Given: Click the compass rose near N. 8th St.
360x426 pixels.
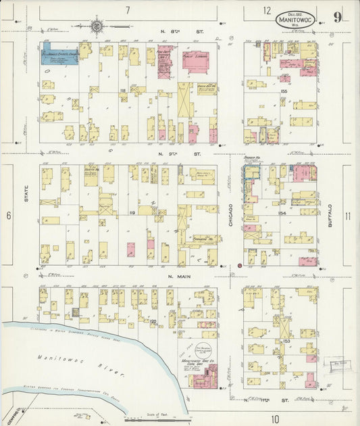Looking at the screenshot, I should [x=97, y=26].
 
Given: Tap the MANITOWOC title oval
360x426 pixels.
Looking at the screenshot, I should [x=294, y=20].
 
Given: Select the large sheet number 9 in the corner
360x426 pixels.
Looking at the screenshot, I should [x=336, y=17].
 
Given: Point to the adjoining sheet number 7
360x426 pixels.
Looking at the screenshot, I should [x=127, y=11].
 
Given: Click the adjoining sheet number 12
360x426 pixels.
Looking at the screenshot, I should [x=267, y=11].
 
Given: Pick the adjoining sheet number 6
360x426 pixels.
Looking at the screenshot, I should [x=9, y=216].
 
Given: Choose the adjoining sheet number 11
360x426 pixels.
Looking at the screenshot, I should [x=347, y=216].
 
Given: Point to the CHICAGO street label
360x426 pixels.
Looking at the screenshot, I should [x=230, y=216].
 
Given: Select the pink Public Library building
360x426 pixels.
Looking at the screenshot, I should [x=195, y=62].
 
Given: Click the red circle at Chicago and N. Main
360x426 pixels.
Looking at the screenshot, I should [x=239, y=266].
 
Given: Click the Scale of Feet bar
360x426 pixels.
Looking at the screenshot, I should [x=155, y=419].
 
